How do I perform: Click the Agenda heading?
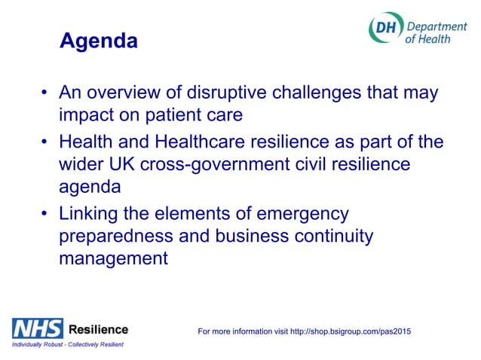click(98, 41)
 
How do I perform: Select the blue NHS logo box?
click(36, 328)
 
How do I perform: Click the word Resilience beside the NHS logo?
click(98, 328)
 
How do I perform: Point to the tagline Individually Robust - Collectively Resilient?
click(67, 344)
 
